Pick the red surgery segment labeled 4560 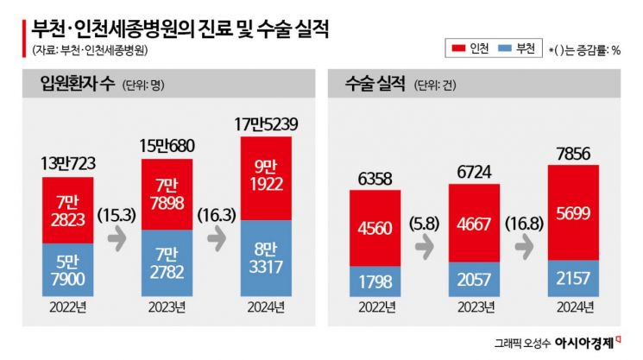pos(374,227)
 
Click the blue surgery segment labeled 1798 pos(374,281)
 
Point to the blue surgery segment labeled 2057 pos(474,278)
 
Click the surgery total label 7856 pos(574,154)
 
